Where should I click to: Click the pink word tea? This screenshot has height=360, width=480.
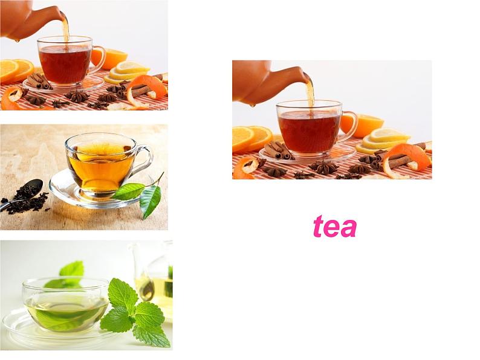pyautogui.click(x=335, y=227)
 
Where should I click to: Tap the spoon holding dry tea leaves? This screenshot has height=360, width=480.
pyautogui.click(x=21, y=195)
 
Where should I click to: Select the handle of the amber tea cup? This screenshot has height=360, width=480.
pyautogui.click(x=143, y=161)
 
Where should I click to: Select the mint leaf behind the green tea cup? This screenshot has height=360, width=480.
pyautogui.click(x=73, y=270)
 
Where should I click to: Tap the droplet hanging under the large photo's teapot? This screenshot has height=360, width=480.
pyautogui.click(x=253, y=106)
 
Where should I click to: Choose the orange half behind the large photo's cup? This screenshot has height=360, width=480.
pyautogui.click(x=362, y=125)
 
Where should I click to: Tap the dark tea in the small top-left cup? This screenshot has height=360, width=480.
pyautogui.click(x=65, y=64)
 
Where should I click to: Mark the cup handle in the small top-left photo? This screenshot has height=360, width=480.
pyautogui.click(x=98, y=60)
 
